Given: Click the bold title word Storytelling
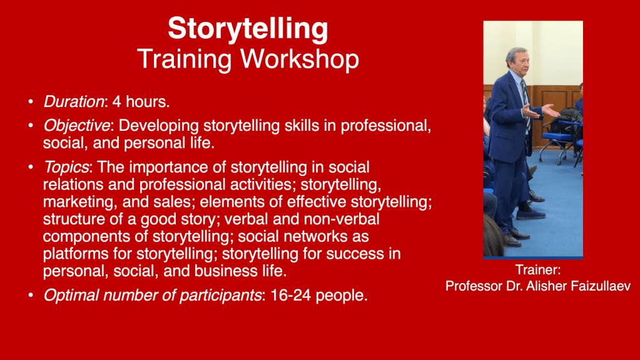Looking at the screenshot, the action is [x=248, y=29].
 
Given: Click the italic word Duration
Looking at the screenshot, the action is [x=74, y=101].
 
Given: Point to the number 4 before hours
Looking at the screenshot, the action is [x=117, y=101].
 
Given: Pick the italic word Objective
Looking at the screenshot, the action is [x=77, y=126].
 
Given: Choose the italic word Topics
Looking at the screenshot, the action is [x=66, y=168].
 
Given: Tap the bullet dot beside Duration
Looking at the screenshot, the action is [x=31, y=101].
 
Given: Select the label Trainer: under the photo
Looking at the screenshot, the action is [x=538, y=270].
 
